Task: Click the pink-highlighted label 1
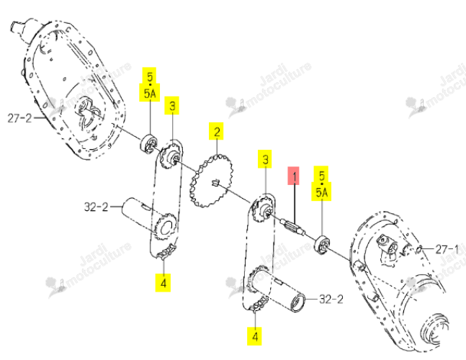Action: click(x=293, y=176)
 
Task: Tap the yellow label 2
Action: click(x=216, y=131)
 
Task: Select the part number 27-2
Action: click(x=19, y=118)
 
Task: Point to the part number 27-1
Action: click(x=447, y=249)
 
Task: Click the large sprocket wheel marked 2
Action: click(x=212, y=181)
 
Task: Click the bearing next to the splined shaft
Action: click(x=322, y=245)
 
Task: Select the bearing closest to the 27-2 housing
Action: click(x=149, y=145)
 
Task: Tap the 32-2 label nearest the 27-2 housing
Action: click(x=97, y=207)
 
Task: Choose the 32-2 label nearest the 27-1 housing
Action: click(x=331, y=299)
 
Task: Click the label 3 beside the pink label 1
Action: click(x=265, y=160)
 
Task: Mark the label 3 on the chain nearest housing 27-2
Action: click(x=172, y=105)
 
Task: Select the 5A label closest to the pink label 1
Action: click(x=321, y=193)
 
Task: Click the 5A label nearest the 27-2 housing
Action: click(x=150, y=94)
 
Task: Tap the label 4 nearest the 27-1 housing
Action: click(x=255, y=336)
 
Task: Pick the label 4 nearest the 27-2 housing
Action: click(x=163, y=282)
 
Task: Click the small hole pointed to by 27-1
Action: click(x=419, y=249)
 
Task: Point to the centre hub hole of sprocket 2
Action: click(x=215, y=183)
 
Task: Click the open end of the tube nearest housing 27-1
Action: click(x=298, y=302)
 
